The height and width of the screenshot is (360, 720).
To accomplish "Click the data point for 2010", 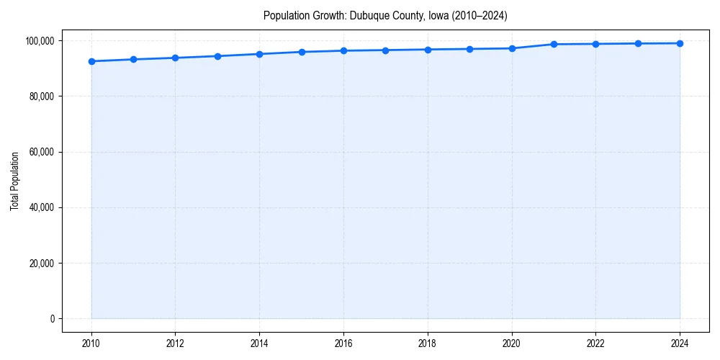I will [91, 61].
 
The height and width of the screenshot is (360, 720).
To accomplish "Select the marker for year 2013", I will [217, 56].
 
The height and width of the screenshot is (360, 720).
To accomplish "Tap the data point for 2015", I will [302, 52].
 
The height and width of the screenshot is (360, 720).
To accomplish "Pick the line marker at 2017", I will [385, 50].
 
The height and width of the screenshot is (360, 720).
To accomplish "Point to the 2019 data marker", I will [469, 49].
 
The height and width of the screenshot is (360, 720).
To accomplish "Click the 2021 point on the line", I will [554, 44].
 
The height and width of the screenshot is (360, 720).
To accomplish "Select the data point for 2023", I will [638, 43].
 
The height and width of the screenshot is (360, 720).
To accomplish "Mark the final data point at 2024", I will [680, 43].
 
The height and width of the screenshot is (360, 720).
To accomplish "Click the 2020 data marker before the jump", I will [512, 48].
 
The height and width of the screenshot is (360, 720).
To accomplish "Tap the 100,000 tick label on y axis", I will [39, 40].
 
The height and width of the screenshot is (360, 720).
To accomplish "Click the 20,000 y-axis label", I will [41, 263].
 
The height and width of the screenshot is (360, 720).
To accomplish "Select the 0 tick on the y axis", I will [52, 318].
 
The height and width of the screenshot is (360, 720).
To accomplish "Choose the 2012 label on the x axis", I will [175, 343].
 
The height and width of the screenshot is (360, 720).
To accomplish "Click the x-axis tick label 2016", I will [343, 343].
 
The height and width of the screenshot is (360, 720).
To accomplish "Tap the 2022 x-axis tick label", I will [595, 343].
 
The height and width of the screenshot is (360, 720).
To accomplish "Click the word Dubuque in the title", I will [367, 16].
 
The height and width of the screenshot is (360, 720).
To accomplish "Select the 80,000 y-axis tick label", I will [41, 96].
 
